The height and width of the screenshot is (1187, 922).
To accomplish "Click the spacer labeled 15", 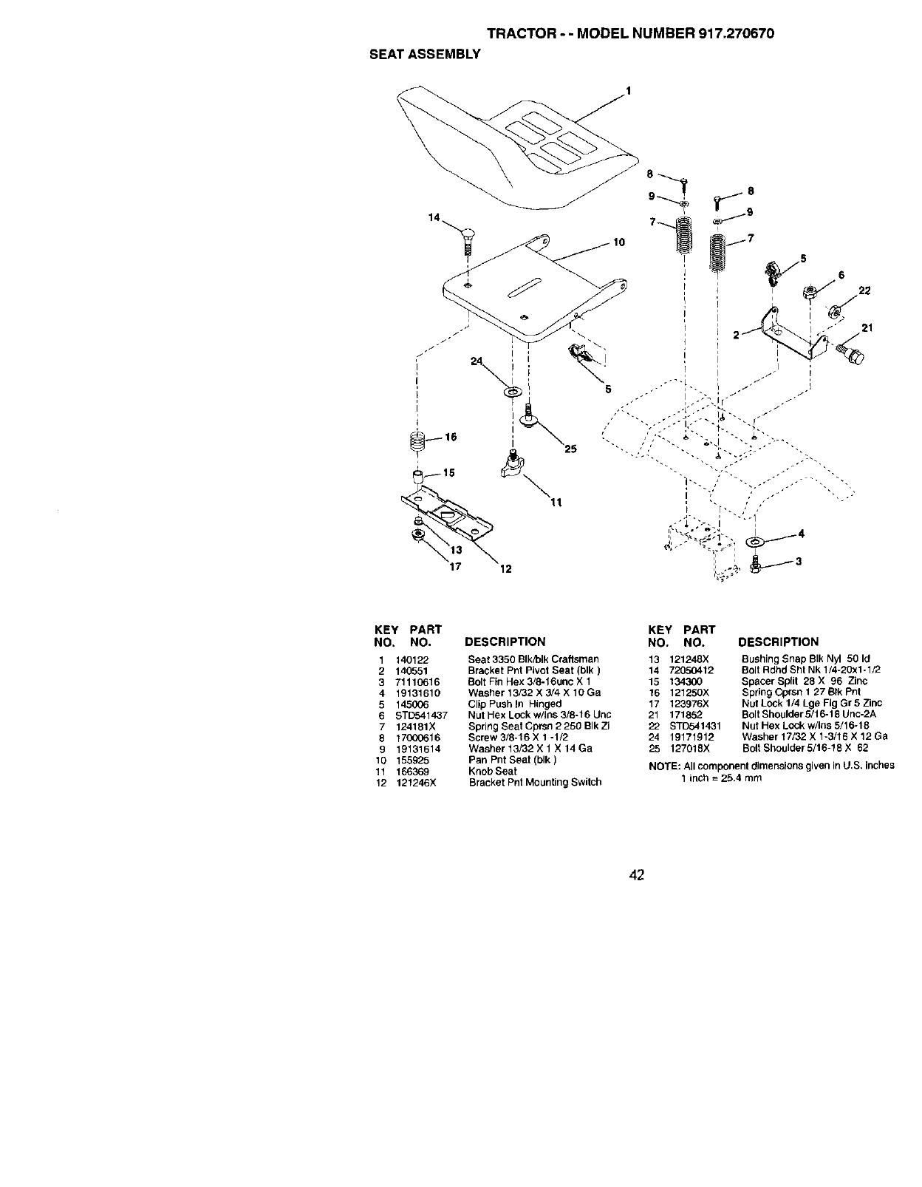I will [x=417, y=474].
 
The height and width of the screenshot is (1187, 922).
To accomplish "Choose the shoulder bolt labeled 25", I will [x=528, y=417].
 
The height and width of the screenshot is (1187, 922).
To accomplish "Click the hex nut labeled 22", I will [x=835, y=310].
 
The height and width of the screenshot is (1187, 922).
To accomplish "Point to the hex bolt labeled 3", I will [x=755, y=565].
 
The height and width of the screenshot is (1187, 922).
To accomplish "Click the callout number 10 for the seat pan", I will [x=619, y=242].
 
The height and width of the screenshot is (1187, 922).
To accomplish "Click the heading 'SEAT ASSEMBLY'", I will [x=425, y=54].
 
